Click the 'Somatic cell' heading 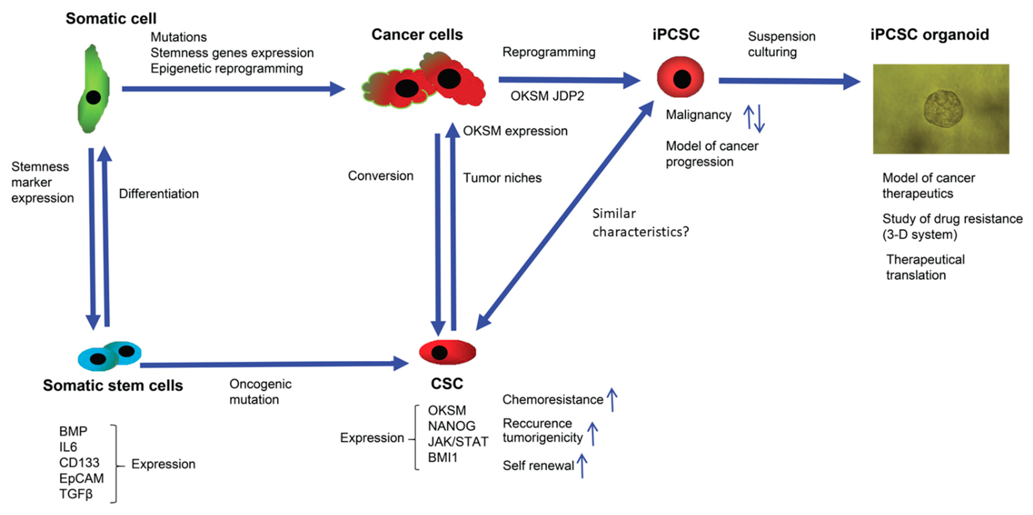[x=111, y=18]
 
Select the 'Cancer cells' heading [x=417, y=35]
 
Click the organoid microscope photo [x=941, y=109]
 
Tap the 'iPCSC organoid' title [x=929, y=35]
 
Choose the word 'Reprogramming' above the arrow [x=549, y=52]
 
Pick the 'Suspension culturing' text [x=781, y=44]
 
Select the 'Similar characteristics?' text [x=640, y=223]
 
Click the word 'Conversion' [x=380, y=176]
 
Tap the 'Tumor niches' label [x=502, y=178]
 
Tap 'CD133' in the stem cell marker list [x=79, y=462]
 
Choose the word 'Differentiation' [x=159, y=194]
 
